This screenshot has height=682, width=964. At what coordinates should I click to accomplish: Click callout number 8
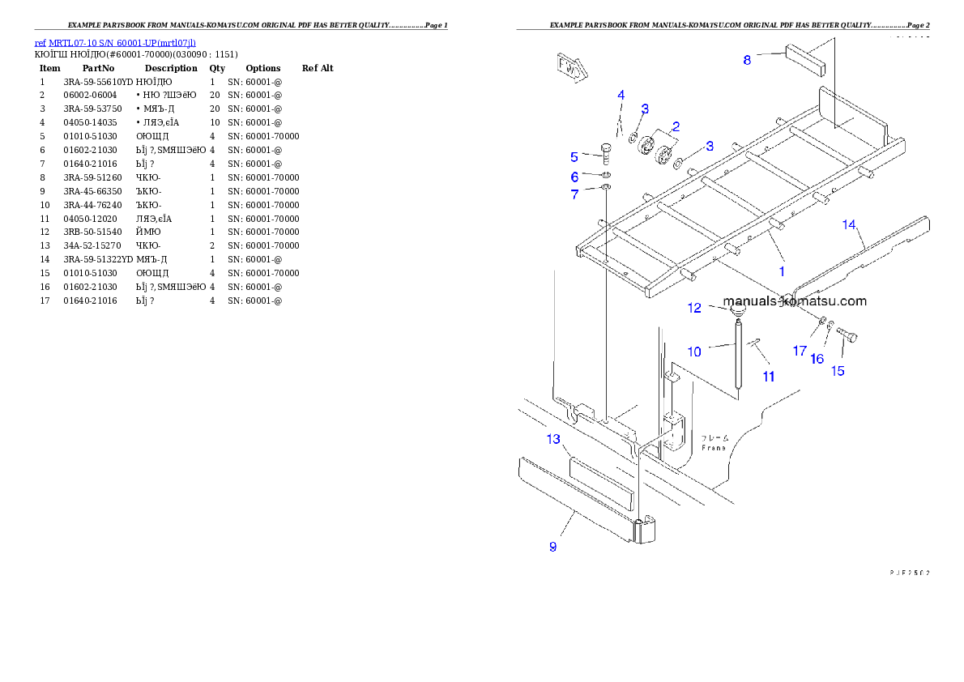point(747,59)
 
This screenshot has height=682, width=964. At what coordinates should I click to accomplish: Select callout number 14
point(849,224)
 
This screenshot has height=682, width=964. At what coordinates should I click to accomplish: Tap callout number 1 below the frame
point(782,271)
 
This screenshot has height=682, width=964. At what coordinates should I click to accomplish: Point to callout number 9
point(552,547)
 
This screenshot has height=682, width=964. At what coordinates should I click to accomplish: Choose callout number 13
point(553,439)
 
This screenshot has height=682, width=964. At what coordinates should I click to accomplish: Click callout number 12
point(694,308)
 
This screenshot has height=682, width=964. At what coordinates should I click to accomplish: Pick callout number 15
point(838,371)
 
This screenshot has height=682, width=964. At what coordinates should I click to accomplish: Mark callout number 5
point(574,156)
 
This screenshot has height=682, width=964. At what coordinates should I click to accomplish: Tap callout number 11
point(768,376)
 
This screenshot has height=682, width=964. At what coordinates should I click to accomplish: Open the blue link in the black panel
point(115,42)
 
